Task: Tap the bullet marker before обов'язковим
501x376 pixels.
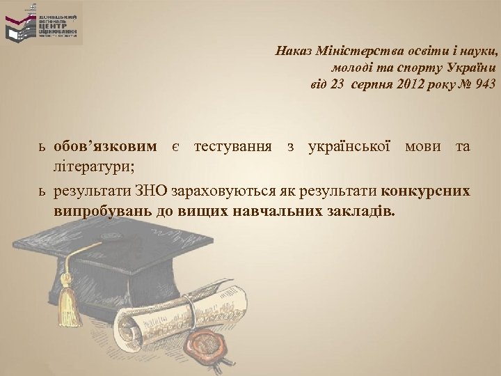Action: point(41,148)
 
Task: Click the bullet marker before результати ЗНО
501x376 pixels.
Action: point(41,191)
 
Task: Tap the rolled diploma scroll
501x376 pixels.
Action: point(174,317)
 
